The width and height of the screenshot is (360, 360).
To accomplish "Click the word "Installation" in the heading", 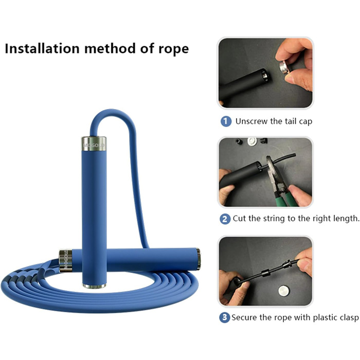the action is tap(42, 48).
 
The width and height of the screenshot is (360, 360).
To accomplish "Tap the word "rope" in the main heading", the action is tap(174, 50).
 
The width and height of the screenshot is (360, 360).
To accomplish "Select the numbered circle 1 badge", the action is tap(226, 121).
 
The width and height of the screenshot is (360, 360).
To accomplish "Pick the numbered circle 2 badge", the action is tap(225, 219).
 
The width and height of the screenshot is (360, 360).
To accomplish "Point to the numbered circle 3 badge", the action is tap(225, 317).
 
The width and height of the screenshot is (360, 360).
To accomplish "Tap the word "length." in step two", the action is tap(346, 219).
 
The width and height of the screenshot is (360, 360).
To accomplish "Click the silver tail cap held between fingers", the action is tap(284, 67).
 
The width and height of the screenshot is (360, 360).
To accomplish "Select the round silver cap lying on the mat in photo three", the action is tap(283, 291).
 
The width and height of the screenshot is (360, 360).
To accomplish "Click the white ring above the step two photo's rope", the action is tap(252, 141).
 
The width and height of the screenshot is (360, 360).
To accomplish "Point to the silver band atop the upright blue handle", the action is tap(94, 144).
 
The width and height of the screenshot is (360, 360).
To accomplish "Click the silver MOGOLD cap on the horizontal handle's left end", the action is tap(66, 261).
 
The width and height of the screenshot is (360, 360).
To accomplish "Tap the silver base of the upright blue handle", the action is tap(94, 286).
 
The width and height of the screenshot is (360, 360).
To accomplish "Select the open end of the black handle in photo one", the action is tap(265, 75).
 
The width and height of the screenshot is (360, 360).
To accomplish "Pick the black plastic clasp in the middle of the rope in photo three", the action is tap(265, 274).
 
